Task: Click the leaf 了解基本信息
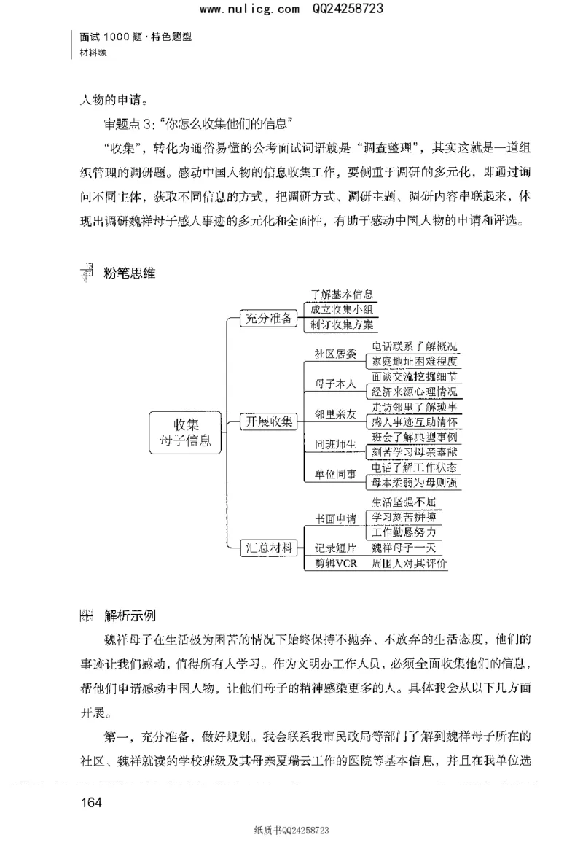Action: tap(341, 295)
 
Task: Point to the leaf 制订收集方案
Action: tap(341, 325)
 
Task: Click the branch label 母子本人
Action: tap(335, 384)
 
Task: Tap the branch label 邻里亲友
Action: tap(335, 413)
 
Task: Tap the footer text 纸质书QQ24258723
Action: tap(291, 850)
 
